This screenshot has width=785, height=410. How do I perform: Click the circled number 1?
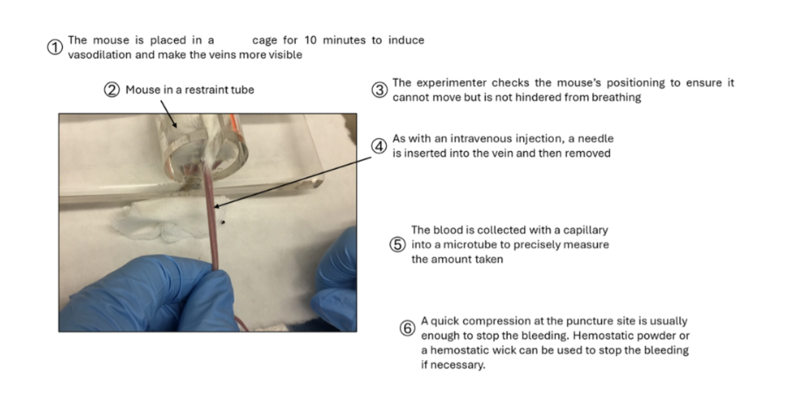click(55, 47)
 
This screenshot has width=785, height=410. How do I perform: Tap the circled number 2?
click(112, 90)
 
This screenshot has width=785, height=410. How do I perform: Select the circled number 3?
click(379, 90)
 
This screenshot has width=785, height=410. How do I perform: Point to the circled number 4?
click(379, 146)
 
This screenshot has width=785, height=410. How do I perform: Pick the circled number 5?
click(397, 244)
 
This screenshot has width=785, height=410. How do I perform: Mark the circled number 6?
click(407, 328)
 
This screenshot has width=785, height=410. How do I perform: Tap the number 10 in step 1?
click(310, 40)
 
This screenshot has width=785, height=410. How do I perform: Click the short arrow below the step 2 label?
click(168, 114)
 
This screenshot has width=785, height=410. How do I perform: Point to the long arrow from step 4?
click(293, 182)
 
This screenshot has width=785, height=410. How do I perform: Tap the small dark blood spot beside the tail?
click(223, 222)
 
